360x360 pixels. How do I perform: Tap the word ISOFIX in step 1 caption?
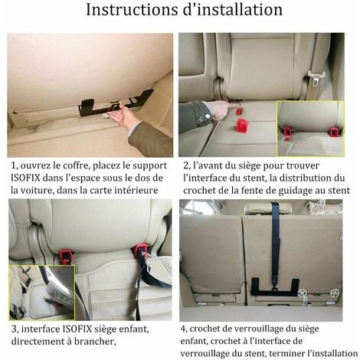25,178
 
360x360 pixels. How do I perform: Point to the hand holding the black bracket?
123,117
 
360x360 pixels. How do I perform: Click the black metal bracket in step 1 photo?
116,104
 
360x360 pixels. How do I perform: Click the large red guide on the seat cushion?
244,126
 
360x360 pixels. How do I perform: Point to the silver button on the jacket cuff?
208,116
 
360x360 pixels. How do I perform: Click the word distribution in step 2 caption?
306,178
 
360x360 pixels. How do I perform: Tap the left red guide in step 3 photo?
66,256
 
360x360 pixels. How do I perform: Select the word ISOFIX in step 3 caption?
77,329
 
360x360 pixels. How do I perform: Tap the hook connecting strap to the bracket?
275,286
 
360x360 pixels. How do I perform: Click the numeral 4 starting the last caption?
183,329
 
